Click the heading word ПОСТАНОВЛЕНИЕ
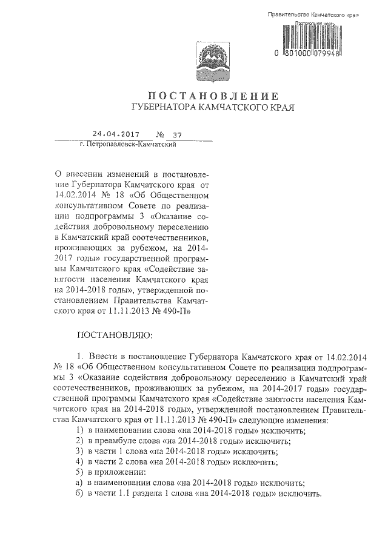(213, 96)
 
